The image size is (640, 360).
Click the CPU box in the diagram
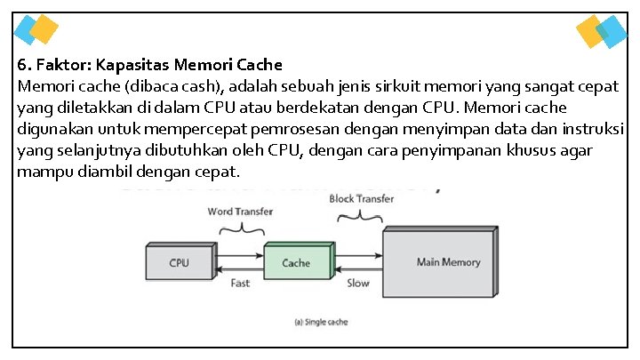coord(179,262)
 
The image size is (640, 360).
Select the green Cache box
coord(296,262)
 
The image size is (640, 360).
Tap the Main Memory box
coord(448,262)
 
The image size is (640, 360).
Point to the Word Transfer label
coord(240,212)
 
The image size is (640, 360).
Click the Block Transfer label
coord(361,199)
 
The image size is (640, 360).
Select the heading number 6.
coord(22,65)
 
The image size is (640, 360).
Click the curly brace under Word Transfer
coord(240,228)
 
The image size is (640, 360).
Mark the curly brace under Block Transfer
coord(361,216)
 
